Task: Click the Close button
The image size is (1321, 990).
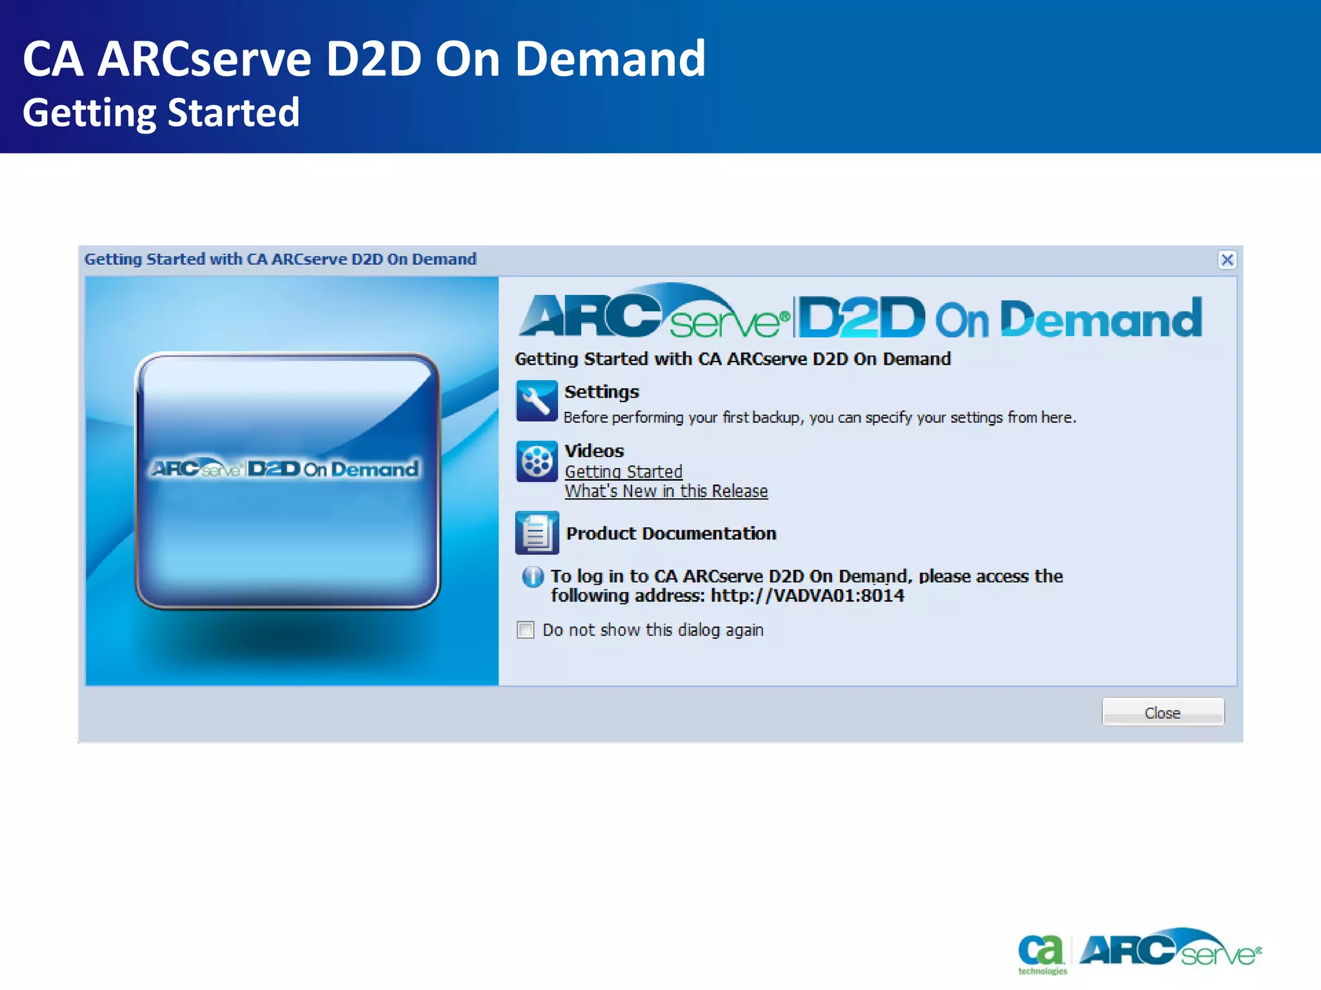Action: pos(1162,712)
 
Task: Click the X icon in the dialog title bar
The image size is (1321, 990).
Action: pos(1227,260)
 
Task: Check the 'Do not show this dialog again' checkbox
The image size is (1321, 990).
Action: pos(526,630)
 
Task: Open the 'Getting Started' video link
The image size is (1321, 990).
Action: pos(623,472)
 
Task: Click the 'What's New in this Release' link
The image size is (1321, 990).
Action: pos(666,491)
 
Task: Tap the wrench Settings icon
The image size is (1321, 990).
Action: pos(536,401)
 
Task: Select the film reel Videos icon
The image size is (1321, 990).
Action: pos(536,461)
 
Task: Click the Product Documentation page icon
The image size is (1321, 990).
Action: pos(536,533)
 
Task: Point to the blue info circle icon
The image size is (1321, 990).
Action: pos(533,576)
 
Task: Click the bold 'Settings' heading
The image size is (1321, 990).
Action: pos(601,392)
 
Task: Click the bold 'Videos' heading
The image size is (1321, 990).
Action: pos(594,451)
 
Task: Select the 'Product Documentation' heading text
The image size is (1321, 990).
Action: pos(671,534)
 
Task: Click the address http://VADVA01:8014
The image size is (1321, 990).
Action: pos(807,596)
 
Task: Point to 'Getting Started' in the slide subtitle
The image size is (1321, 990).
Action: pos(161,113)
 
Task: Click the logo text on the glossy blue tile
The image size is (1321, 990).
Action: pos(284,469)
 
